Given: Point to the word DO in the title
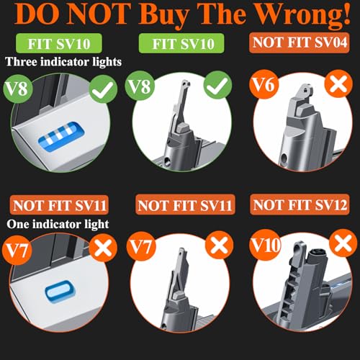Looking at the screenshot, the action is pyautogui.click(x=37, y=14).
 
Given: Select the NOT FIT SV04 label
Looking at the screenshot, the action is pyautogui.click(x=300, y=42).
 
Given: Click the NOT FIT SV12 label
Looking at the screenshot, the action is pyautogui.click(x=300, y=205).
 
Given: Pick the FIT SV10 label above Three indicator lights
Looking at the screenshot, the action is pyautogui.click(x=59, y=44).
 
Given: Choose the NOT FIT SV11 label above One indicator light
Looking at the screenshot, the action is pyautogui.click(x=59, y=205).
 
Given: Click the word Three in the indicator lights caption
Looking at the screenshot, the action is pyautogui.click(x=21, y=62).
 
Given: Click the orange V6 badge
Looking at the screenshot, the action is pyautogui.click(x=264, y=84).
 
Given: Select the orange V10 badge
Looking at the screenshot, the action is pyautogui.click(x=265, y=245).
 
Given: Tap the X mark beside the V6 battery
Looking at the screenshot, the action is pyautogui.click(x=338, y=84).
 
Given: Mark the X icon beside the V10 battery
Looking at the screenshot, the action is pyautogui.click(x=343, y=243).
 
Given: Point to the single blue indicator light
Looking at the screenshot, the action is pyautogui.click(x=60, y=291).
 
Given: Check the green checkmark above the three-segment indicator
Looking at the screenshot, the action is pyautogui.click(x=103, y=89).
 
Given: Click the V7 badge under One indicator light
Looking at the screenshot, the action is pyautogui.click(x=17, y=250).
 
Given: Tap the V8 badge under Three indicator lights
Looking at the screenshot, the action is pyautogui.click(x=17, y=88).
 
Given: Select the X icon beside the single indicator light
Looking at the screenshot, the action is pyautogui.click(x=103, y=248).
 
